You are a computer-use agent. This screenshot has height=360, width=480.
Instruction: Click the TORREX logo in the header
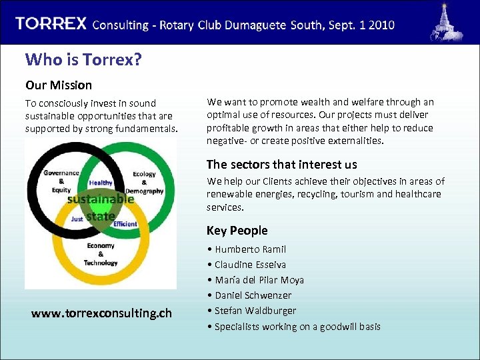(51, 23)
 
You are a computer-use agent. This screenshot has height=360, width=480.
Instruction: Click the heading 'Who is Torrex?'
(83, 59)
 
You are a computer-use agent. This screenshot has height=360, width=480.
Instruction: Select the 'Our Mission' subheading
(59, 85)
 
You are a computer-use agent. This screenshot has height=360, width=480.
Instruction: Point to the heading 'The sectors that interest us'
(281, 164)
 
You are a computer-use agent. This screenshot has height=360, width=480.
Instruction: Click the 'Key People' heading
(237, 230)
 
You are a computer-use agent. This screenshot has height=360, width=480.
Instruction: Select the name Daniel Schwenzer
(253, 295)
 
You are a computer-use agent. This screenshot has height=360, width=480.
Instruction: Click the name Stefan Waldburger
(255, 311)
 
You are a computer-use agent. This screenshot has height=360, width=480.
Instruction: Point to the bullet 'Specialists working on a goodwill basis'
(297, 326)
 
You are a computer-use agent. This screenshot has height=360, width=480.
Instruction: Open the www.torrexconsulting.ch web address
(101, 313)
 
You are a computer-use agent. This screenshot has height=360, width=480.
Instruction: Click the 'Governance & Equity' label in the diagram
(61, 181)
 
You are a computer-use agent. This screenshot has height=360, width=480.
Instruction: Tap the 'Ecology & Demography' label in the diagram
(144, 183)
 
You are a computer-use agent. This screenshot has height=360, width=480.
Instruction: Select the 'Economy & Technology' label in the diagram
(101, 254)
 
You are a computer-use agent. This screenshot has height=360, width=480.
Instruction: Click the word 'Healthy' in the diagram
(101, 183)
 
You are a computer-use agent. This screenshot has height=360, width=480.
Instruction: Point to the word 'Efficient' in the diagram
(125, 224)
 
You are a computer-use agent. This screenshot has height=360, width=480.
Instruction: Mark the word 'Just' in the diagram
(77, 219)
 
